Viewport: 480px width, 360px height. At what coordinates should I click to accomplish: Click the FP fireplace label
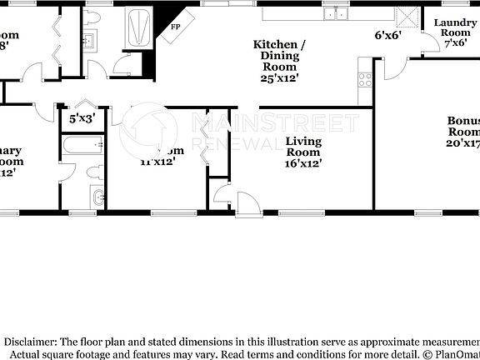(x=176, y=27)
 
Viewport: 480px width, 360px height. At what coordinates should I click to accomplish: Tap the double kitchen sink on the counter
(x=336, y=12)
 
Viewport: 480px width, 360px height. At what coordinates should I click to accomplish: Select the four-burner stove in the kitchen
(x=365, y=81)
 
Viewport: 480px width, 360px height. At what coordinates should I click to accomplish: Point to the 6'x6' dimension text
(x=389, y=36)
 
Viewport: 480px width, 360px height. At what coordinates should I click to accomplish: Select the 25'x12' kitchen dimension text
(x=280, y=77)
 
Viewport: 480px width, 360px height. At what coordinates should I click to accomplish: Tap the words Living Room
(x=303, y=147)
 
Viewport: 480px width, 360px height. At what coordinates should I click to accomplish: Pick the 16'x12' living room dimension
(x=303, y=163)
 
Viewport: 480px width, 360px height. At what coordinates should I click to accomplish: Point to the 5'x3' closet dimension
(x=82, y=119)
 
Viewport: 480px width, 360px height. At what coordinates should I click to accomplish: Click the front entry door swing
(x=247, y=203)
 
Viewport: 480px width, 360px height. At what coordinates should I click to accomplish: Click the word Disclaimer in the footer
(x=32, y=342)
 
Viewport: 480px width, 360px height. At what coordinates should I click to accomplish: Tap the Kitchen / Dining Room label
(x=280, y=54)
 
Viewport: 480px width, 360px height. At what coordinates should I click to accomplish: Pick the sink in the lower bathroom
(x=98, y=198)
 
